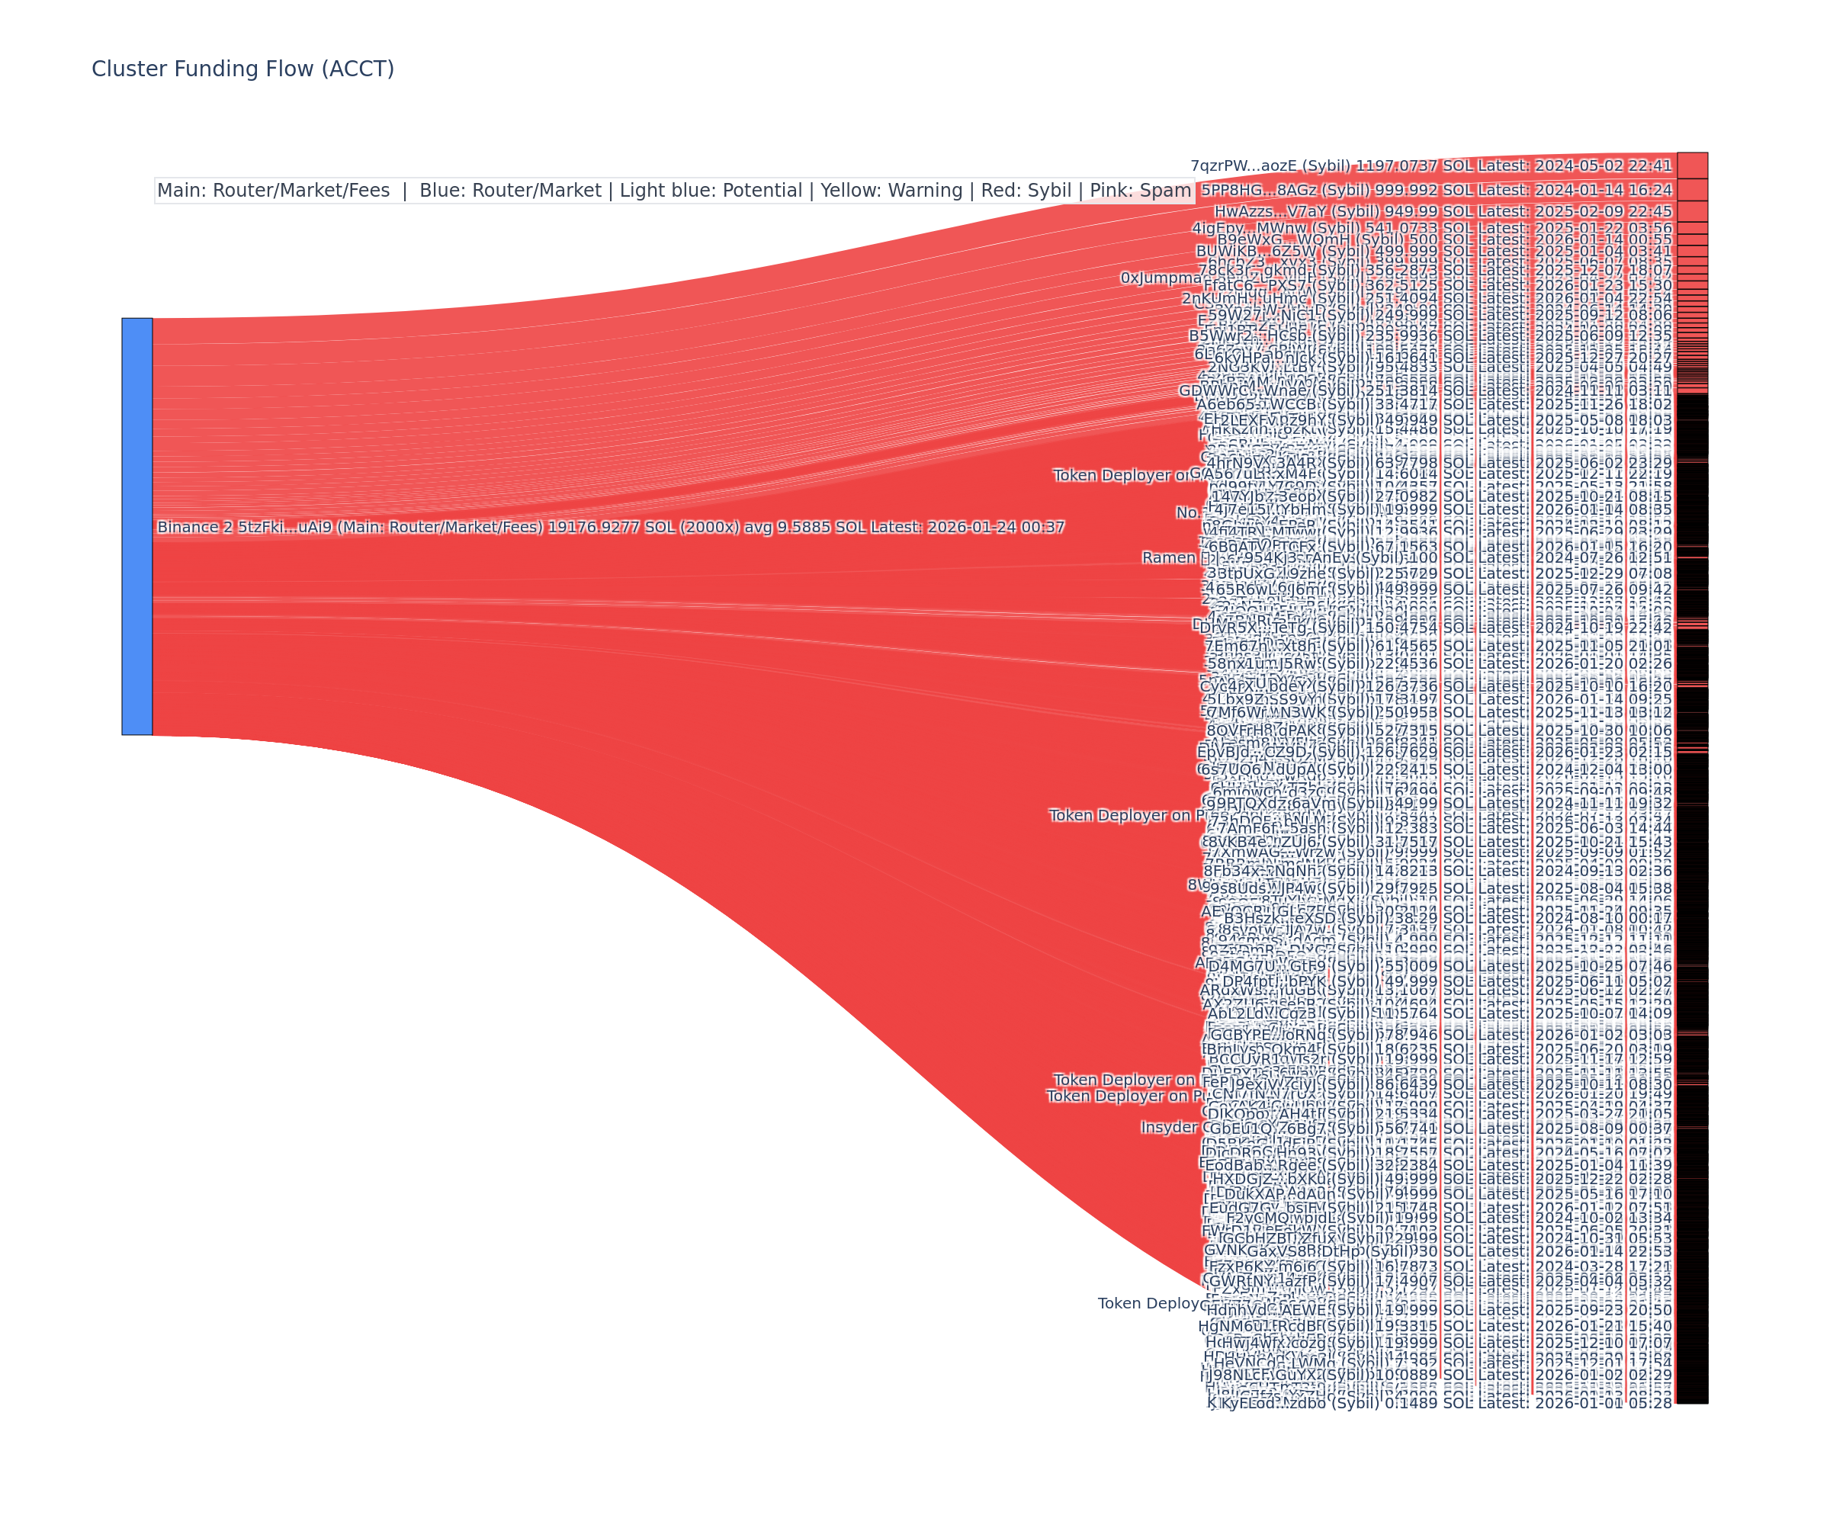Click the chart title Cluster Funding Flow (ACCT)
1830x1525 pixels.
[242, 69]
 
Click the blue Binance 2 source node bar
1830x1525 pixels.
[136, 526]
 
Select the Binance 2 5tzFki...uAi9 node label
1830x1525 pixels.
[610, 527]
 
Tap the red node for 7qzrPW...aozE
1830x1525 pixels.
[1691, 165]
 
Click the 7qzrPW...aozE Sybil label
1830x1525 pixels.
[1431, 165]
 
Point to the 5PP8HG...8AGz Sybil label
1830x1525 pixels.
[1436, 190]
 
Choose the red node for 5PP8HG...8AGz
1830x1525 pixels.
[1691, 190]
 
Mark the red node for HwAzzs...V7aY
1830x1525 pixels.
[1691, 212]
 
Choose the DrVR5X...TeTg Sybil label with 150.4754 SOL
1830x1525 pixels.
[1434, 628]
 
